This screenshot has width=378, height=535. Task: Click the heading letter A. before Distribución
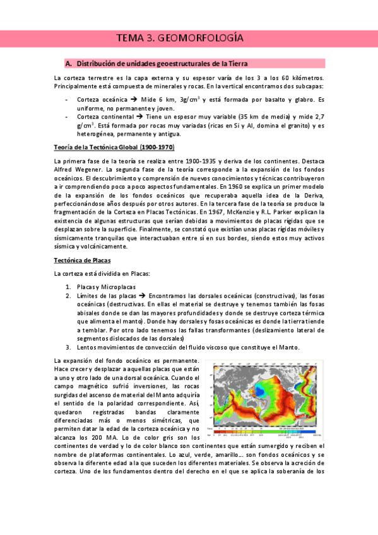point(69,64)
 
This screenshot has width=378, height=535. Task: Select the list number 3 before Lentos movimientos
point(68,347)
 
